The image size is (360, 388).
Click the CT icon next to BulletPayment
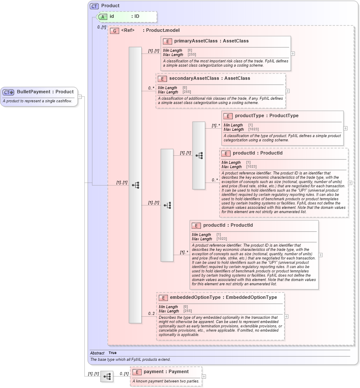click(8, 92)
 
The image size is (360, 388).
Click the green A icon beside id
click(102, 17)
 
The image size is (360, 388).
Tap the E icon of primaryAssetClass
click(167, 41)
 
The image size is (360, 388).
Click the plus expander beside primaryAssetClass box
click(293, 53)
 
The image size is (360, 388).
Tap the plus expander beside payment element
click(204, 376)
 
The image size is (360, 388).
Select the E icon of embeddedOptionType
click(163, 298)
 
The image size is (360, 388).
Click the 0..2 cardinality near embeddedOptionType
click(151, 314)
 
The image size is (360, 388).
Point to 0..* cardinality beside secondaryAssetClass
click(151, 88)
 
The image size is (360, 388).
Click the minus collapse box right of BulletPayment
click(80, 97)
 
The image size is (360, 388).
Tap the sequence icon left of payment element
click(107, 377)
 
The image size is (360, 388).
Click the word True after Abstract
click(112, 353)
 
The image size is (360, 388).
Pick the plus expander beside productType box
click(345, 128)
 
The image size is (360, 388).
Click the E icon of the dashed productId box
click(226, 153)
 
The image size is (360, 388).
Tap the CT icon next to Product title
click(94, 6)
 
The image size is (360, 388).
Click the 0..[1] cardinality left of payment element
click(123, 374)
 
